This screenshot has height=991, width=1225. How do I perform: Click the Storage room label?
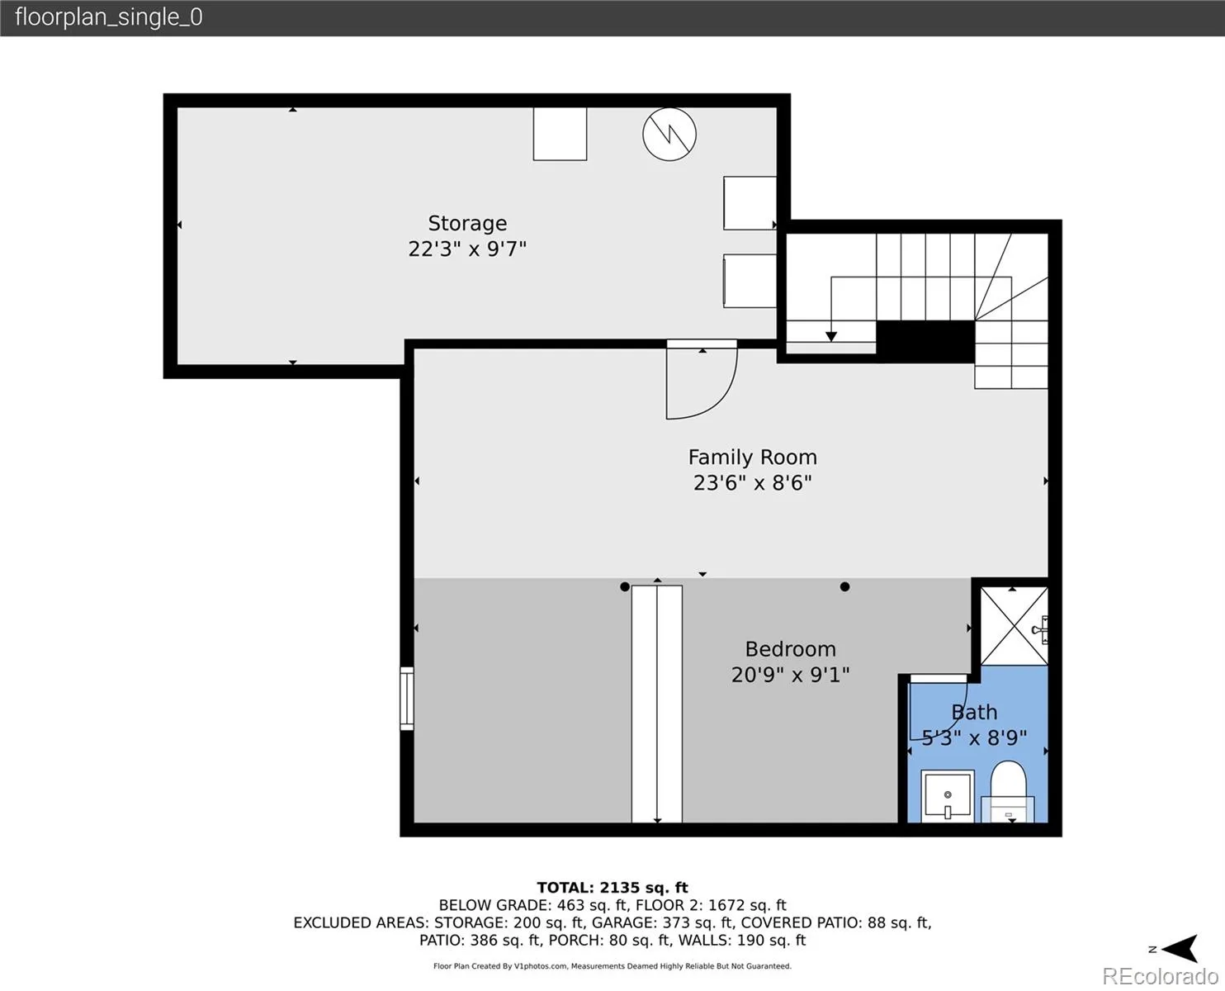[x=467, y=223]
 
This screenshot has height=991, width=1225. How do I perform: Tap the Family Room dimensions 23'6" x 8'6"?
[x=752, y=482]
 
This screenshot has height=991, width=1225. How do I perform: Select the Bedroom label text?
[x=790, y=649]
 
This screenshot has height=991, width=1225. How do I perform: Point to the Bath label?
[x=974, y=712]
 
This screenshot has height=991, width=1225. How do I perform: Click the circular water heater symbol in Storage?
[x=669, y=134]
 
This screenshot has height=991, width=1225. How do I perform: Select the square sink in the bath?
[x=947, y=796]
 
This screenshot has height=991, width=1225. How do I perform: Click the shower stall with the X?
[x=1014, y=626]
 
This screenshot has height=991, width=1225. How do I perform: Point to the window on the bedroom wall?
[x=407, y=699]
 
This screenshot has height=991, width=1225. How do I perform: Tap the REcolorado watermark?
[x=1160, y=976]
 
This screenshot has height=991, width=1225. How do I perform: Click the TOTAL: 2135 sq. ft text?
[x=612, y=888]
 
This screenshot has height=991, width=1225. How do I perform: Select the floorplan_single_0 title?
[x=109, y=17]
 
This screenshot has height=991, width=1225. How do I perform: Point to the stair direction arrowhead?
[x=831, y=337]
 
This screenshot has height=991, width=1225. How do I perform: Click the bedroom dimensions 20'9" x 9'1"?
[x=790, y=674]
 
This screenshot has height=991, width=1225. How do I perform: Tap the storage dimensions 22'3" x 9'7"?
[x=467, y=249]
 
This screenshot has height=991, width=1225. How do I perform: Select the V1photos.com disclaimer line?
[x=612, y=966]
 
